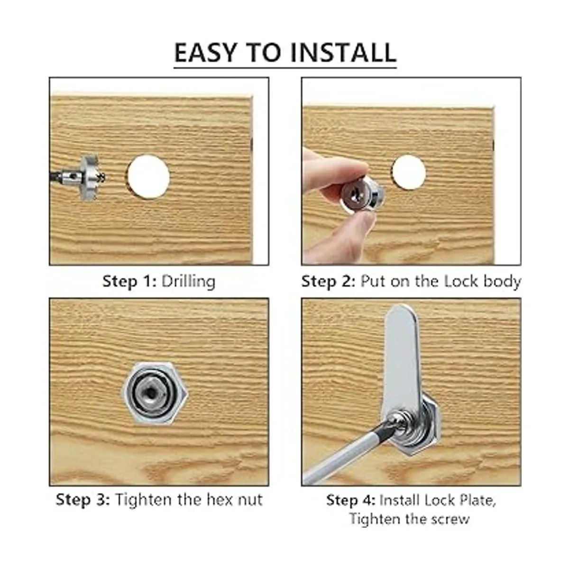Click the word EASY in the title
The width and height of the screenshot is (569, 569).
[205, 52]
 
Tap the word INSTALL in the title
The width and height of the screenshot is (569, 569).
[343, 52]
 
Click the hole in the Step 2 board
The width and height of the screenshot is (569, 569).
[409, 172]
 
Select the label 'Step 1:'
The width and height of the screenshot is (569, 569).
[129, 281]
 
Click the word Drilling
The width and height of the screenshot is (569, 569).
[188, 282]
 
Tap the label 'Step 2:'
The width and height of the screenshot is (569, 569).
[328, 281]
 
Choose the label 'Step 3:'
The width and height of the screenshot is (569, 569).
[83, 500]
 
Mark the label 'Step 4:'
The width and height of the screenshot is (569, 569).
[351, 500]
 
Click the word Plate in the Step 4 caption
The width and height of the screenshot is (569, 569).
[477, 500]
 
